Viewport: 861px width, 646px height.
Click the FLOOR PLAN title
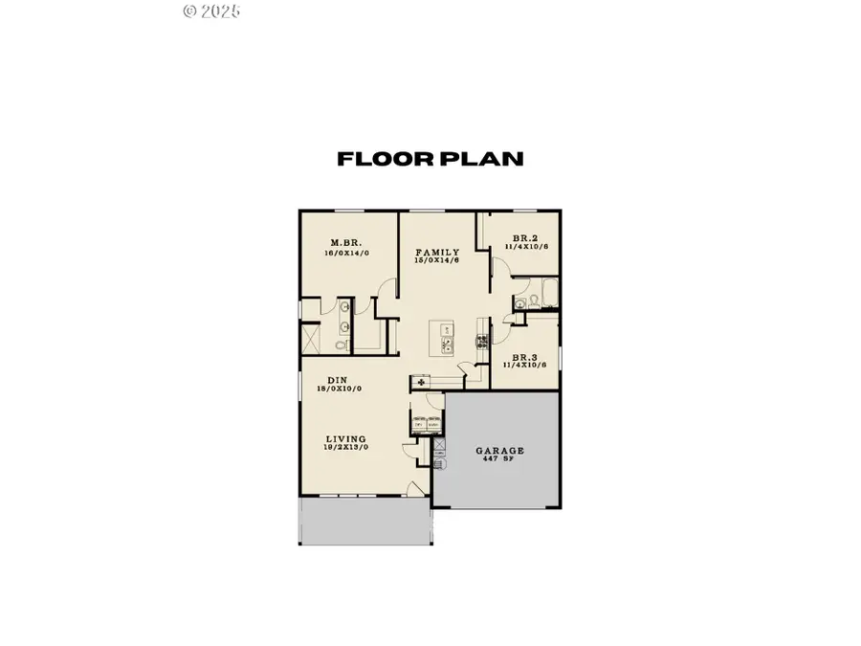430,159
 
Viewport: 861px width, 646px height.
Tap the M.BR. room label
344,242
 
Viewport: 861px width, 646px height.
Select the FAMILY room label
436,252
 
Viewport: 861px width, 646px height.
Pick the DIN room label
336,379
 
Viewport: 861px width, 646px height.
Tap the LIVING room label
345,438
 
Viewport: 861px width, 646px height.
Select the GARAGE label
500,450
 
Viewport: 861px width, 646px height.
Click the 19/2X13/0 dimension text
345,448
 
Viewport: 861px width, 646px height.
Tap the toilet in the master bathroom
342,344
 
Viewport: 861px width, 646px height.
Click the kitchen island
446,339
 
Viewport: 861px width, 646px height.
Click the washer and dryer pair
425,422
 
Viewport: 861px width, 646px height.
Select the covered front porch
365,522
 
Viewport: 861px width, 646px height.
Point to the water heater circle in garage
440,463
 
